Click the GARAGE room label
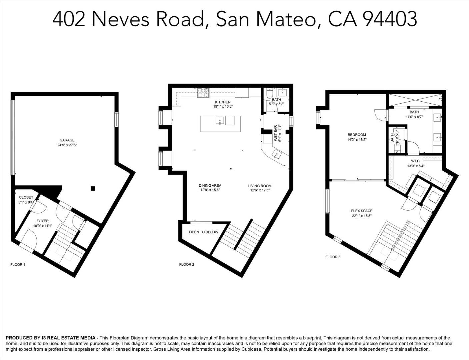coord(67,140)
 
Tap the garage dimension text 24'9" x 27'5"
coord(67,145)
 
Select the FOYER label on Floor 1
coord(43,221)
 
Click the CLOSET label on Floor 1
coord(26,197)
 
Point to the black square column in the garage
coord(93,189)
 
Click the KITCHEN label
coord(223,102)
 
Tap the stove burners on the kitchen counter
coord(203,92)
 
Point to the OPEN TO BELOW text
coord(204,232)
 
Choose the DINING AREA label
coord(210,186)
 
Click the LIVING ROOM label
coord(260,186)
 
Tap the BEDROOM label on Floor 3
coord(357,135)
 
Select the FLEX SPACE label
coord(362,211)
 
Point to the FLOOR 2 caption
coord(187,264)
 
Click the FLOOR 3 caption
coord(333,257)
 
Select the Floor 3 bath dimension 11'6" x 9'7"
coord(414,117)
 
